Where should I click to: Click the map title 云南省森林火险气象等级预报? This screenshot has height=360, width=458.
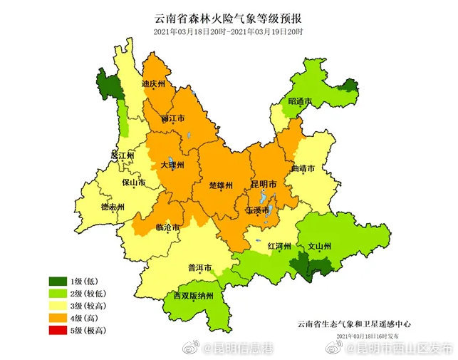coord(228,19)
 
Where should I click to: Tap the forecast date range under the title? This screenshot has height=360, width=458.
coord(228,32)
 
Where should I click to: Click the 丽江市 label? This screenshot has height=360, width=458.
coord(173,118)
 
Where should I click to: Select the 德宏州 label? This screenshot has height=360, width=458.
coord(112,207)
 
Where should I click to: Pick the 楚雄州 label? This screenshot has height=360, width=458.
coord(222,185)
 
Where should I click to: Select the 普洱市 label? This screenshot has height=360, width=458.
coord(199,268)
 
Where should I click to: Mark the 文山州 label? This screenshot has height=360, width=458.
coord(318,247)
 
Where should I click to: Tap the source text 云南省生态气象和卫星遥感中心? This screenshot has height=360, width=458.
coord(354,323)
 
